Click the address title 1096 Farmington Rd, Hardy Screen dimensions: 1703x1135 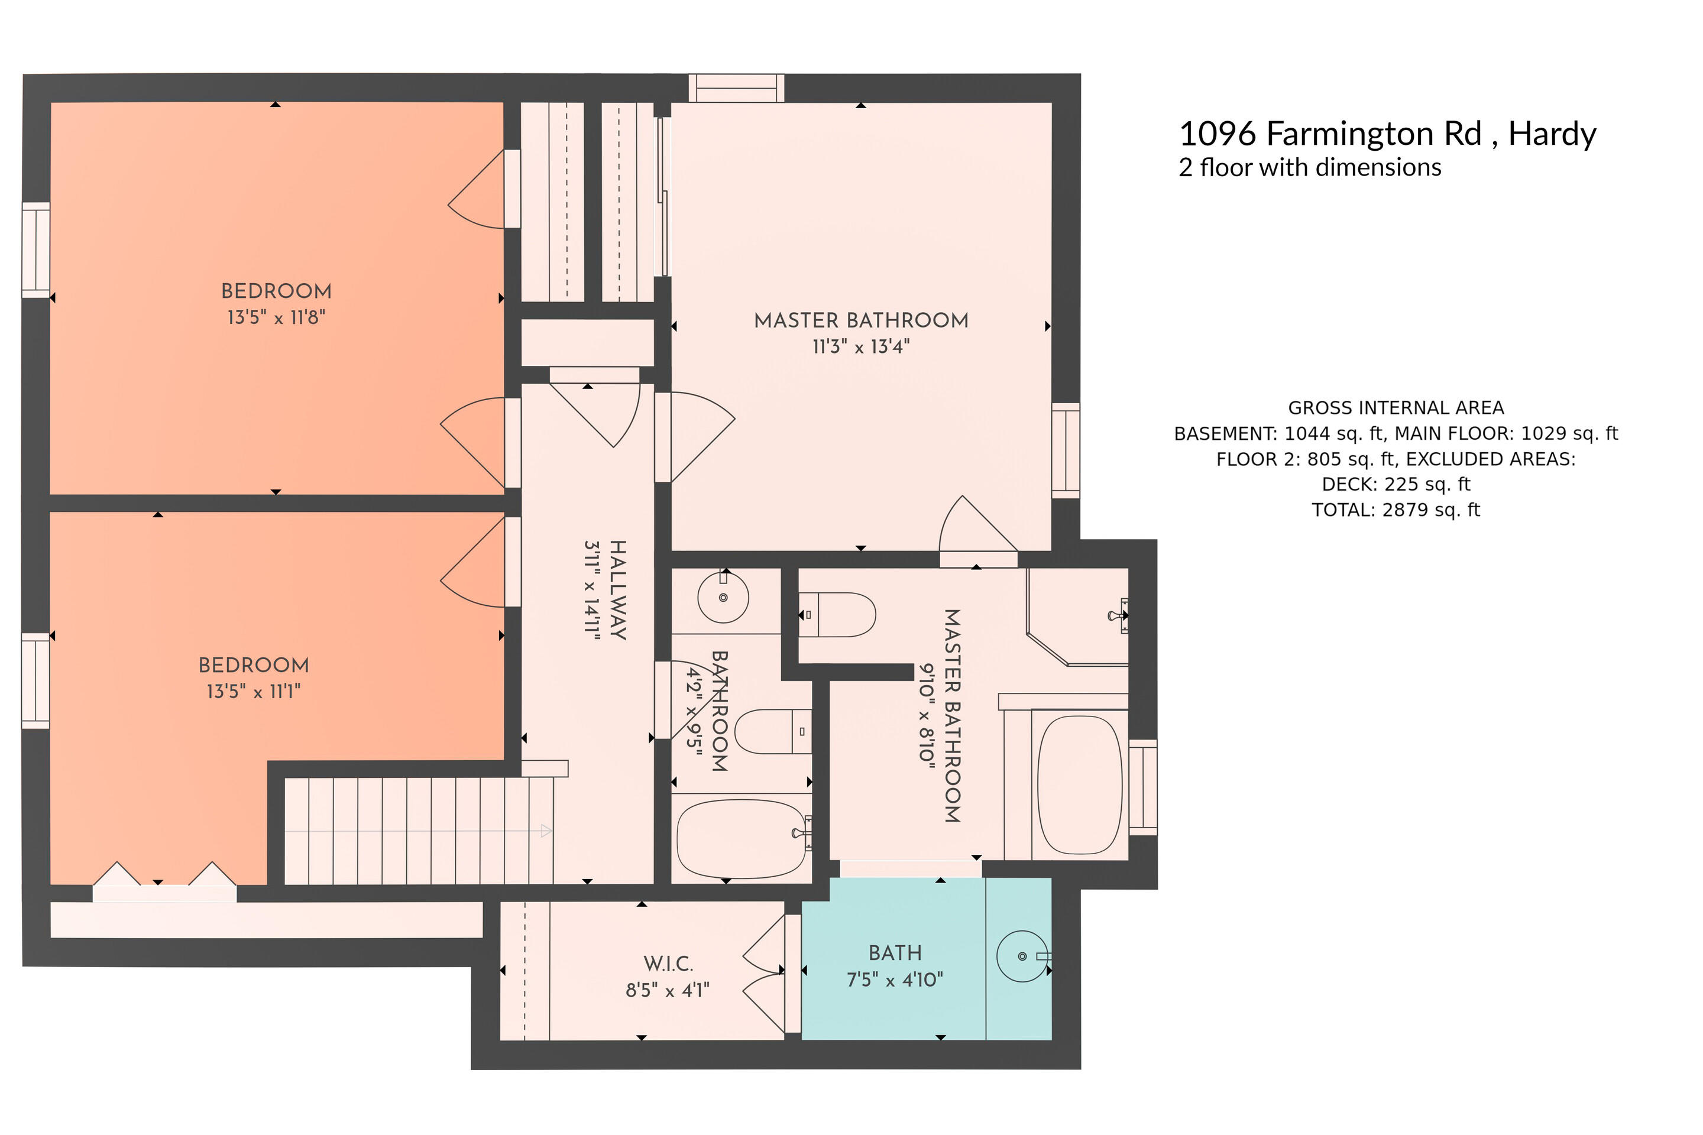click(1387, 135)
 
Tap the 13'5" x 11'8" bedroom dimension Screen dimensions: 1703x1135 click(277, 317)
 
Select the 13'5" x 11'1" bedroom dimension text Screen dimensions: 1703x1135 click(254, 691)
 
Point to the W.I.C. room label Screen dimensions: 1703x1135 click(668, 964)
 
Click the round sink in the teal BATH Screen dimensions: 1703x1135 click(1022, 956)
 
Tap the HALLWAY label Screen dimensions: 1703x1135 click(617, 590)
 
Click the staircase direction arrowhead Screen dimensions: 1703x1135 click(546, 831)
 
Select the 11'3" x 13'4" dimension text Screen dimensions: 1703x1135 click(861, 347)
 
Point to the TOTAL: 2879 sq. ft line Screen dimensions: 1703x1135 click(1396, 510)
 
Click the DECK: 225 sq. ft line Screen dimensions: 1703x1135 click(1396, 484)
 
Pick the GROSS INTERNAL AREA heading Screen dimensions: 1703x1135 click(1396, 407)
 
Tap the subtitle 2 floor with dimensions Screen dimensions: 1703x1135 click(1310, 167)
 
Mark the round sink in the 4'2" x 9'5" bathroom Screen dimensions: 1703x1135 click(723, 597)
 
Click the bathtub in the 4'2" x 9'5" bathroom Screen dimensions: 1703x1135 click(742, 838)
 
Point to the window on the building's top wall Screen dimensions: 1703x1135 click(736, 88)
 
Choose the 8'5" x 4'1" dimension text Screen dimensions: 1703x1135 click(668, 990)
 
